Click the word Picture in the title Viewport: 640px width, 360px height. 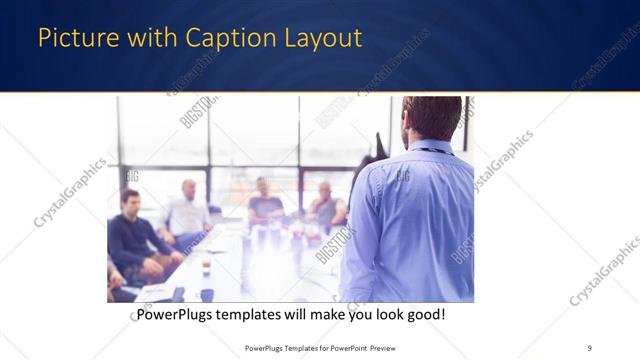[x=72, y=39]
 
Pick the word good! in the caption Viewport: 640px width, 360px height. [x=422, y=315]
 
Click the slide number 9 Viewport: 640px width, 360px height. [x=589, y=348]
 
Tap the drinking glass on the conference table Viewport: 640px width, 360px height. [x=206, y=267]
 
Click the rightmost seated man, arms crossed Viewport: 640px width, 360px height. [x=324, y=205]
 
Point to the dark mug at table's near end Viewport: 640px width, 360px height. [x=207, y=294]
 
